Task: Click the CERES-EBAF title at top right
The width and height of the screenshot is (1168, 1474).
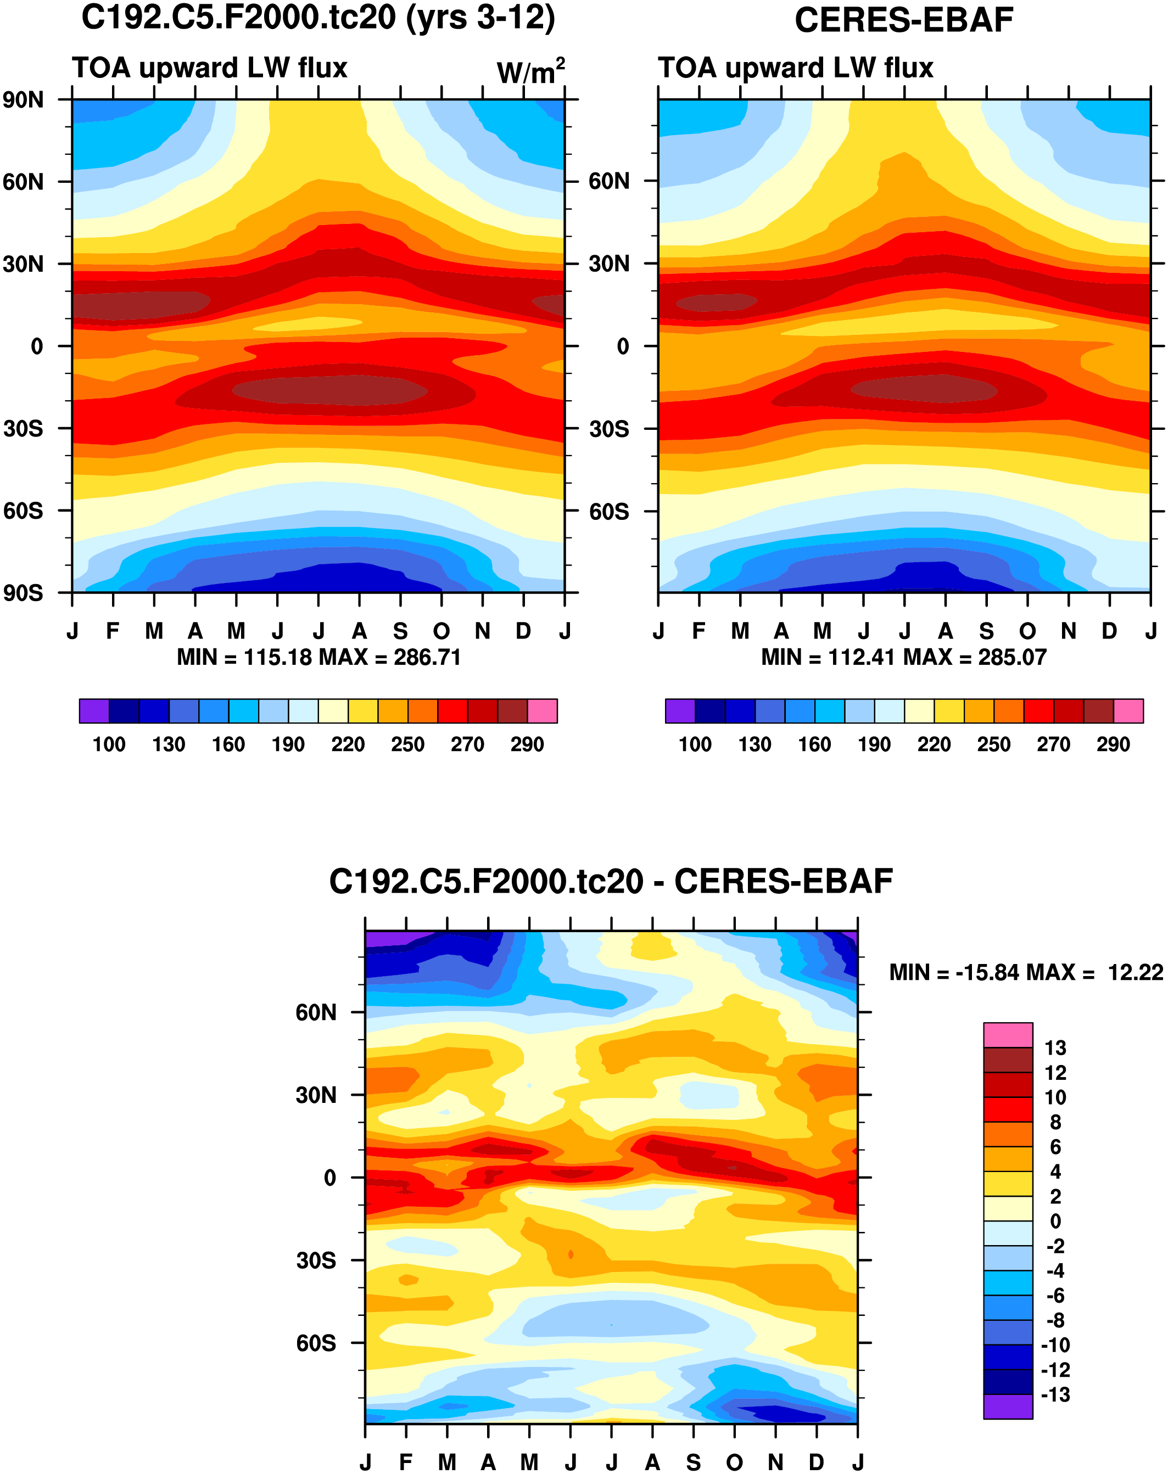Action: point(903,20)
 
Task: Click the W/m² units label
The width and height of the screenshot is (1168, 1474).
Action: point(530,71)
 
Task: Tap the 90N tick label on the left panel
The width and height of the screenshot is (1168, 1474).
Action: point(23,100)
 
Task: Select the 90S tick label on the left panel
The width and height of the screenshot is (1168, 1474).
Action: point(23,593)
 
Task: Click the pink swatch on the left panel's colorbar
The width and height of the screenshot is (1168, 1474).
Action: point(543,711)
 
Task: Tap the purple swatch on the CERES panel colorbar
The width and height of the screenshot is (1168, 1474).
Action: point(680,711)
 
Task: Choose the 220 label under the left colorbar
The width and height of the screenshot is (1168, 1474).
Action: point(348,744)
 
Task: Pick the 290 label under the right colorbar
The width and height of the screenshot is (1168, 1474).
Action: point(1113,744)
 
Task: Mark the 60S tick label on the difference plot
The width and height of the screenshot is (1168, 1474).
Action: point(316,1343)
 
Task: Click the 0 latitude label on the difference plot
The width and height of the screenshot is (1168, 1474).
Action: point(329,1178)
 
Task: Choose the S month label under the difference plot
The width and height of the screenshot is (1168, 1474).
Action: point(694,1462)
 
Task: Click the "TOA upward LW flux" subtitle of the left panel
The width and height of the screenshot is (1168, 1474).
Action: point(210,69)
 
